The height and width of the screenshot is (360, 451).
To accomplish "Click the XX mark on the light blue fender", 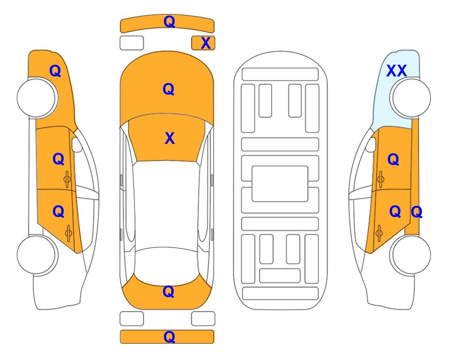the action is point(396,71).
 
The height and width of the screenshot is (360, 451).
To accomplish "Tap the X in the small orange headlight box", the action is point(206,43).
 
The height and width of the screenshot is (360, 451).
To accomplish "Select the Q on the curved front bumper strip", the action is point(169,21).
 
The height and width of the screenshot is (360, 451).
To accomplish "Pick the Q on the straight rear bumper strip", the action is point(169,337).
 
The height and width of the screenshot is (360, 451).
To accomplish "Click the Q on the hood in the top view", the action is point(168,89).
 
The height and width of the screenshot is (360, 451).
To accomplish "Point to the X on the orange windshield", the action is point(170,138).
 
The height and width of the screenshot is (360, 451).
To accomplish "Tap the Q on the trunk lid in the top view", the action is point(168,292).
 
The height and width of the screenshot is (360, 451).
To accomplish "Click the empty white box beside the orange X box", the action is point(132,43).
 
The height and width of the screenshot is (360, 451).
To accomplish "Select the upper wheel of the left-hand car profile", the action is point(37,98).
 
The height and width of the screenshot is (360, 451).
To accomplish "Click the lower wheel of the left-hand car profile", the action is point(37,255).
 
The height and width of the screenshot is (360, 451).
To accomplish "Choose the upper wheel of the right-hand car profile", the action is point(411,98).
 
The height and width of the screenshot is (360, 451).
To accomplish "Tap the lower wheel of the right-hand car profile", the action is point(411,255).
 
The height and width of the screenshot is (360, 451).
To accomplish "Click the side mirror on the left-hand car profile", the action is point(77,144).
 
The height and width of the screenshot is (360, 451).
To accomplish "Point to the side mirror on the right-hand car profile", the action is point(371,144).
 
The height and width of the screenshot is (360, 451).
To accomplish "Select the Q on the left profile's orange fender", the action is point(55,71).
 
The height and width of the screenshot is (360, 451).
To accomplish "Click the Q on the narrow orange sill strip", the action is point(416,212).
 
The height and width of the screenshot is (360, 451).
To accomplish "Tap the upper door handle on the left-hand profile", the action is point(67,180).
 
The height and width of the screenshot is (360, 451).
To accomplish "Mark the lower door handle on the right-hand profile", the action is point(379,233).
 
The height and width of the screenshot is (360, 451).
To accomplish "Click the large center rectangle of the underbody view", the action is point(280,184).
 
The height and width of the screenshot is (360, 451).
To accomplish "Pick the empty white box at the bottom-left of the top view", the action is point(132,319).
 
